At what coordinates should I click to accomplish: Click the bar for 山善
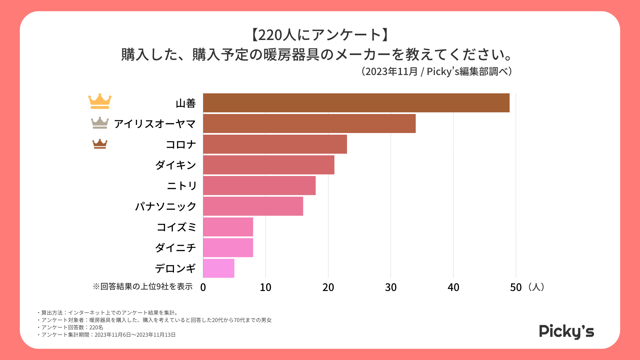tap(356, 103)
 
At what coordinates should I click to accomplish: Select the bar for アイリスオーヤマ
tap(309, 124)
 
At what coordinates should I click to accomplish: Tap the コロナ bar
tap(275, 144)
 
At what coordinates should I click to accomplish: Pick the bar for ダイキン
tap(269, 165)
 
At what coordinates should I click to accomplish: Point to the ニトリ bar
tap(259, 186)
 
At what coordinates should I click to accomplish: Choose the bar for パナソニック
tap(253, 206)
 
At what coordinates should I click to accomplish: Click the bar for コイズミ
tap(228, 227)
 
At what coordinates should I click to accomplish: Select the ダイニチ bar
tap(228, 248)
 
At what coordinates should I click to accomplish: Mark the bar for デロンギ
tap(219, 268)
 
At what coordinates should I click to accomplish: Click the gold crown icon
tap(100, 101)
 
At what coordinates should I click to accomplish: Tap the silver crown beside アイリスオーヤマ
tap(100, 123)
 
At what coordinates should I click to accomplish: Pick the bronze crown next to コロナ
tap(100, 144)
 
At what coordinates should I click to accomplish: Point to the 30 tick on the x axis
tap(391, 287)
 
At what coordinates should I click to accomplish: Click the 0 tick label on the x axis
tap(203, 287)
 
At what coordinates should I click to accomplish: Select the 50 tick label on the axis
tap(516, 287)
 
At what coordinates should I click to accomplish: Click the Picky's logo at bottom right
tap(566, 332)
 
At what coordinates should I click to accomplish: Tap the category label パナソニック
tap(166, 206)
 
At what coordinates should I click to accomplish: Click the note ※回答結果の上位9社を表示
tap(143, 287)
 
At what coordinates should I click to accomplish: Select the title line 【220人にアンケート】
tap(320, 35)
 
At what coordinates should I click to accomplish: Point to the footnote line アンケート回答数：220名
tap(72, 327)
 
